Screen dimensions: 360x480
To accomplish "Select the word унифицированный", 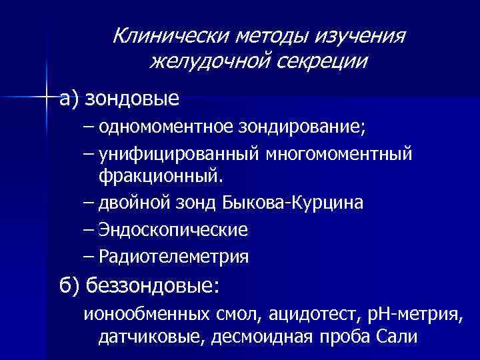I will (179, 155).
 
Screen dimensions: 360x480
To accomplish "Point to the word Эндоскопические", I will (173, 229).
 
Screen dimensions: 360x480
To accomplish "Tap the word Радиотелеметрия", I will (173, 256).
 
